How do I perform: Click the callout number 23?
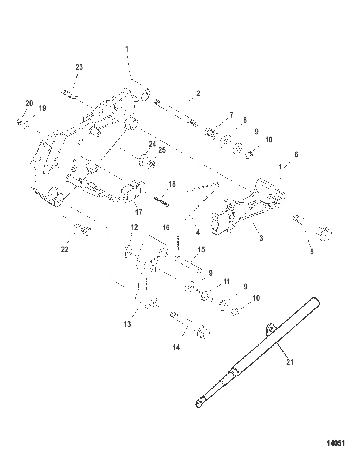click(x=79, y=67)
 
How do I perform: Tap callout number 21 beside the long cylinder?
click(x=289, y=362)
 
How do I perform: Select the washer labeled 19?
click(x=27, y=125)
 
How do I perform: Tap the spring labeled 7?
click(x=209, y=133)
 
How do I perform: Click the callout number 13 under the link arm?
click(x=127, y=324)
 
